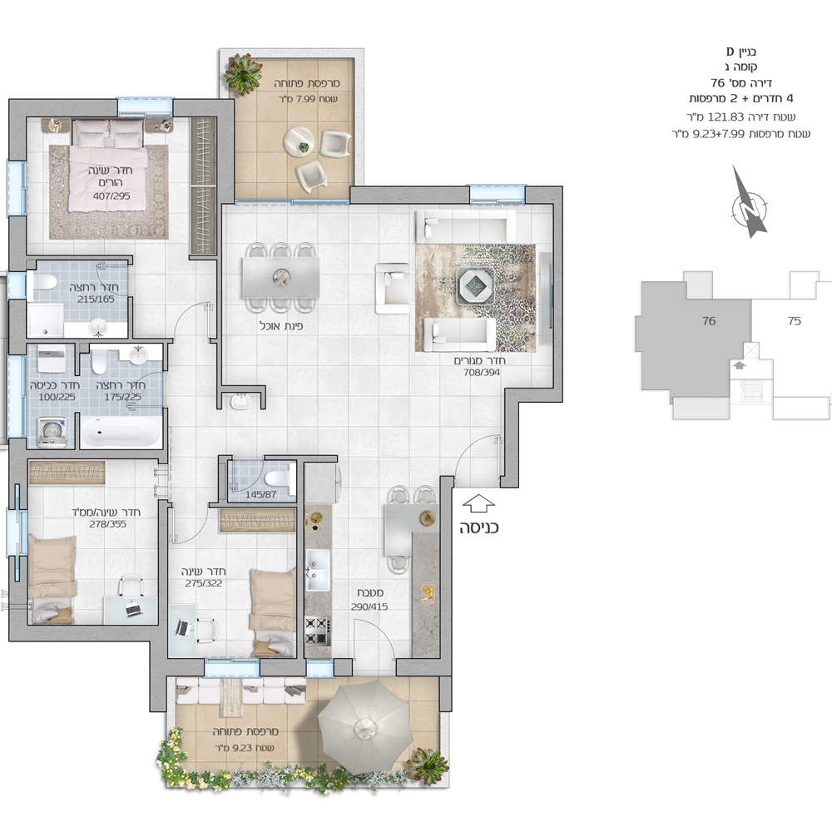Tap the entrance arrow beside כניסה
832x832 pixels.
coord(478,503)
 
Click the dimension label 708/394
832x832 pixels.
coord(482,373)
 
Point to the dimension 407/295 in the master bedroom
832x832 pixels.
coord(111,196)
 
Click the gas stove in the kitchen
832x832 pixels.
coord(317,631)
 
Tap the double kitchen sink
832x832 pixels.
coord(318,570)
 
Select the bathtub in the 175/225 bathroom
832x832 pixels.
coord(121,433)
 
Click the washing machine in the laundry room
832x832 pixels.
coord(52,432)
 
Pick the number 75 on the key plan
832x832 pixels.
coord(795,320)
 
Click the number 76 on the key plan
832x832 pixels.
coord(709,320)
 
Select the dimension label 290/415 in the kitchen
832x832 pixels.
coord(369,607)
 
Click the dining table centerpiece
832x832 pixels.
coord(282,276)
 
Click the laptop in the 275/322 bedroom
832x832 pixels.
coord(182,628)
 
